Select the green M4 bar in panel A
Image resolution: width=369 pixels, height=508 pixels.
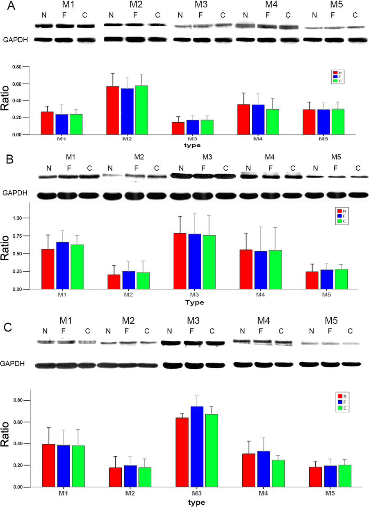[x=169, y=122]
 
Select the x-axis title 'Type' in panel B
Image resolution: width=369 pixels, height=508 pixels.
[x=194, y=303]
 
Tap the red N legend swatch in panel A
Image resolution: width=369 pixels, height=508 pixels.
[x=334, y=73]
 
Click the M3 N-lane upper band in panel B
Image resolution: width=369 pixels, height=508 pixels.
[x=180, y=176]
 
